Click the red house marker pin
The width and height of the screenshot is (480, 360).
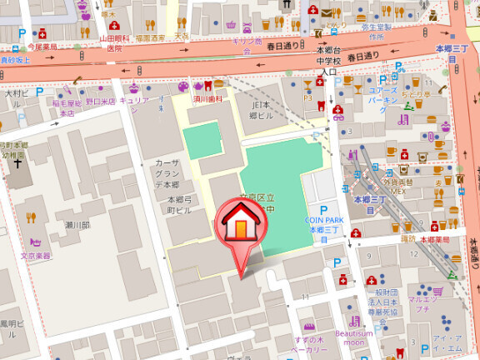pyautogui.click(x=240, y=228)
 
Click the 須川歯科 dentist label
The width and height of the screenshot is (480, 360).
pyautogui.click(x=208, y=97)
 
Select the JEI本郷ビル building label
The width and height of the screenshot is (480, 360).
pyautogui.click(x=268, y=111)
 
